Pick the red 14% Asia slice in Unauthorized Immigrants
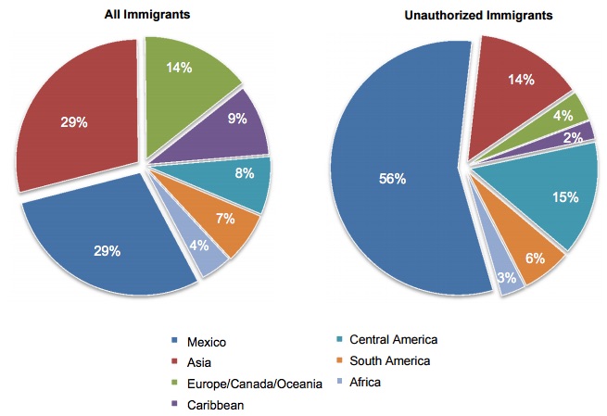522,82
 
